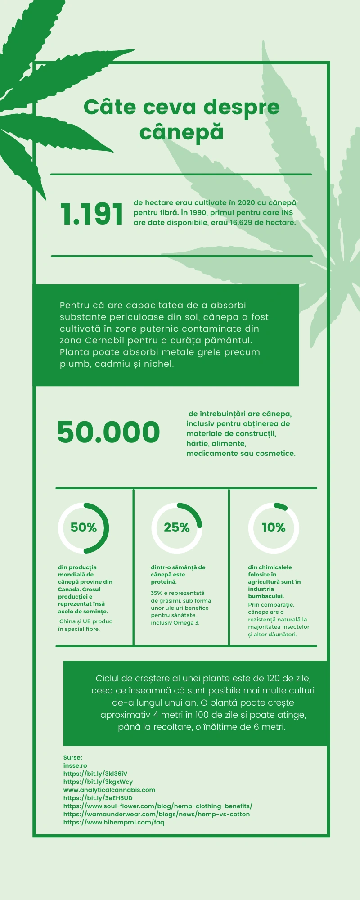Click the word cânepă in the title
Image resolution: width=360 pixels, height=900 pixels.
(x=181, y=132)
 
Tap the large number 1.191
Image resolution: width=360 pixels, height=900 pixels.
(x=92, y=214)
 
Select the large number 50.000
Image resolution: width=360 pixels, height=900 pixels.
(x=108, y=432)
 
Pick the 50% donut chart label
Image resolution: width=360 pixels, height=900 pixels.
(x=84, y=527)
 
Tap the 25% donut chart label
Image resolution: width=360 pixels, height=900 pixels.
(x=177, y=527)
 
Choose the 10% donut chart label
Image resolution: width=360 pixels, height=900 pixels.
(x=274, y=527)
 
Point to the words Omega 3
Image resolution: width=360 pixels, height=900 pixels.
(x=186, y=623)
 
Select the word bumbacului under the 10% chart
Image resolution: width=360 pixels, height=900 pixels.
(x=265, y=596)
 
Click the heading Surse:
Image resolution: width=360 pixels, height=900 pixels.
(x=73, y=757)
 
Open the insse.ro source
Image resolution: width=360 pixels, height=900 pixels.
(x=75, y=765)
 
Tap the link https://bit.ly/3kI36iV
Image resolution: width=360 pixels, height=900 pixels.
(x=95, y=774)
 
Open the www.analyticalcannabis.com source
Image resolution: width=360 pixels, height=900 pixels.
(x=109, y=790)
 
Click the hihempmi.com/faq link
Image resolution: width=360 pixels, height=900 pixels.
(x=114, y=822)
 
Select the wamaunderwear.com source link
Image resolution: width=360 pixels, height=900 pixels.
(x=157, y=814)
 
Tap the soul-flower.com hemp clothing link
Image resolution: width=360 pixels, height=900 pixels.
(x=158, y=806)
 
